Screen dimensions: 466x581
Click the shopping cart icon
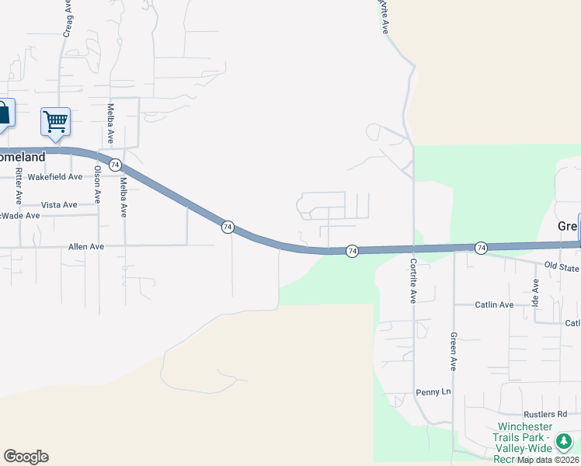(55, 121)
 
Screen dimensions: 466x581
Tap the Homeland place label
(22, 156)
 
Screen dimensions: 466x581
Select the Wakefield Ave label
(54, 176)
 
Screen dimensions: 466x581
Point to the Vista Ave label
(59, 204)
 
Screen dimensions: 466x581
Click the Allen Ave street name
(85, 246)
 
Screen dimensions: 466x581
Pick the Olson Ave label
(98, 184)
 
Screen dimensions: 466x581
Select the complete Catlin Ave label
(495, 304)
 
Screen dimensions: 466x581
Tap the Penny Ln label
(433, 391)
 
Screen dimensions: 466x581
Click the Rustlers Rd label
(551, 414)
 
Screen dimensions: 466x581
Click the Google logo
(26, 457)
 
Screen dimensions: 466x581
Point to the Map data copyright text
(548, 460)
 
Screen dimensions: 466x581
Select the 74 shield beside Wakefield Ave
(115, 165)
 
